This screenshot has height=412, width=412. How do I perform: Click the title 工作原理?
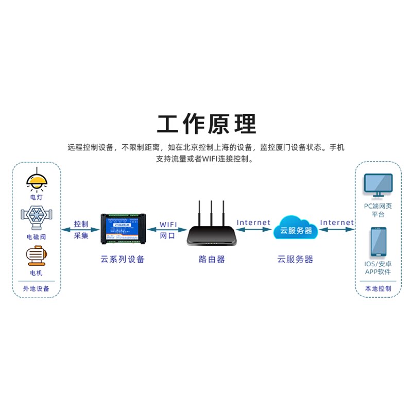(x=206, y=124)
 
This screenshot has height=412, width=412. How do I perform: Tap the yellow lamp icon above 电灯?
(x=37, y=179)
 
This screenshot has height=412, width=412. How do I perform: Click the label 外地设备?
(x=37, y=289)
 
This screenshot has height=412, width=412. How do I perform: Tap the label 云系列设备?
(x=123, y=259)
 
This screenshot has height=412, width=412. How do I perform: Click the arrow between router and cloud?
(x=253, y=230)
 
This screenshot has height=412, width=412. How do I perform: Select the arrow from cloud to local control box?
(x=337, y=230)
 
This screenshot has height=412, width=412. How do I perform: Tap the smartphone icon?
(x=378, y=242)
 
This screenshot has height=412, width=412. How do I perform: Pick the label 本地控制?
(x=378, y=289)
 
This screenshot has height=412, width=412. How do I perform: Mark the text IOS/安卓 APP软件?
(x=378, y=268)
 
